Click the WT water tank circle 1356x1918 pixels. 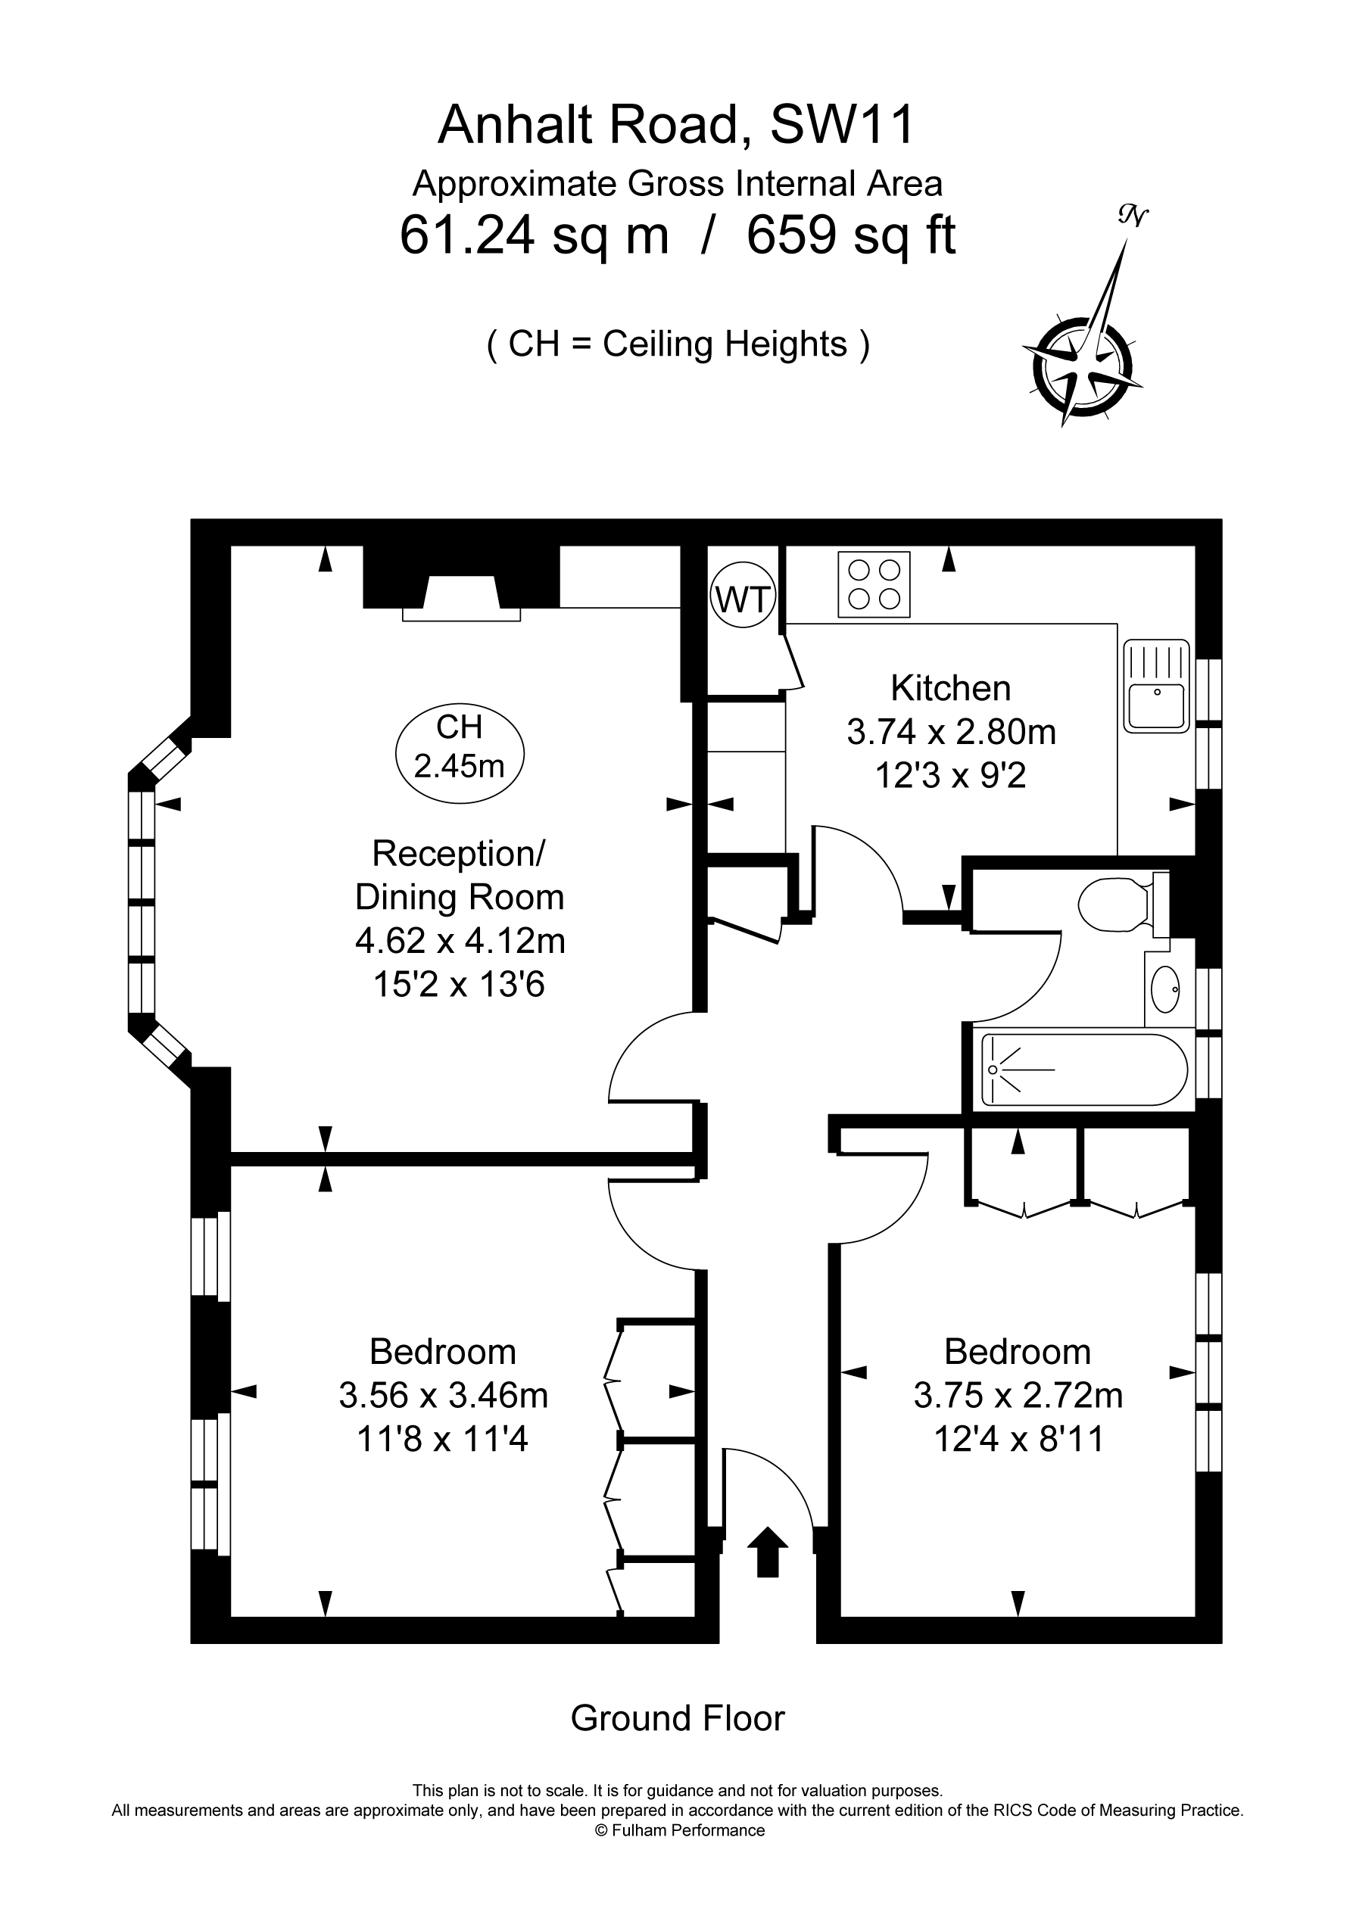[x=743, y=598]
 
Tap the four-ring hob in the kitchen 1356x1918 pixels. [x=873, y=585]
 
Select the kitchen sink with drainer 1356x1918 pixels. [x=1156, y=686]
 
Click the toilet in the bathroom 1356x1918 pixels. [x=1123, y=904]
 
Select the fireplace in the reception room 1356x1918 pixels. [x=461, y=583]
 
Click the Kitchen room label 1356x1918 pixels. [x=951, y=688]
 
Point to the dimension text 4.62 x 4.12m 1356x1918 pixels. [x=460, y=942]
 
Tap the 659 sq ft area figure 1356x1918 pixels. [x=850, y=235]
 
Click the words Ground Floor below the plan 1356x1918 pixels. [x=678, y=1719]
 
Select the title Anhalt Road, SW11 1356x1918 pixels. [x=677, y=126]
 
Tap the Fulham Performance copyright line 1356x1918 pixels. [x=678, y=1830]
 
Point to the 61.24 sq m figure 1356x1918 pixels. [x=535, y=236]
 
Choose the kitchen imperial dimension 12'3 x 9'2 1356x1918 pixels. [x=951, y=777]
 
